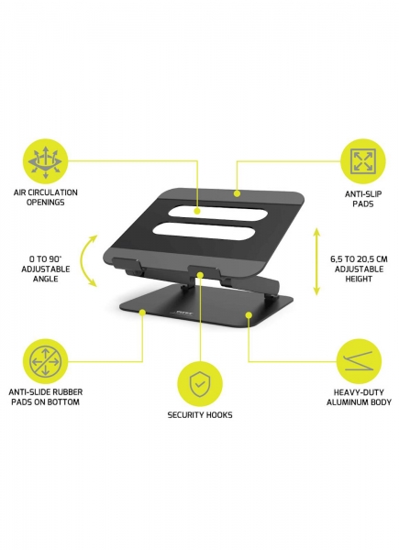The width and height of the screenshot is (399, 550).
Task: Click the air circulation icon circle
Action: click(x=45, y=161)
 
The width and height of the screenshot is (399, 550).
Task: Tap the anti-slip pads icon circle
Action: click(x=363, y=161)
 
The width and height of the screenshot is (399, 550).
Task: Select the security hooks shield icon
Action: click(x=199, y=384)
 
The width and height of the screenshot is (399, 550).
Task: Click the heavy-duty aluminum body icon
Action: click(x=359, y=361)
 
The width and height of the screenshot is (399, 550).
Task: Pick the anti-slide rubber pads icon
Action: click(x=45, y=361)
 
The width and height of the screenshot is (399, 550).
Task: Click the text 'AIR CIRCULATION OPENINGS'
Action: click(x=46, y=197)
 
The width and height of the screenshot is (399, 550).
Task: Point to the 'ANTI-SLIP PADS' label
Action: click(x=363, y=199)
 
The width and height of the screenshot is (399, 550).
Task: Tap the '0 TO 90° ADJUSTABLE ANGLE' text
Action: click(x=46, y=269)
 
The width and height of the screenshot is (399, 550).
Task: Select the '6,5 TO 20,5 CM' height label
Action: click(x=359, y=259)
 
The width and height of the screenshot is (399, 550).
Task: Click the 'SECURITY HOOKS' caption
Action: click(x=200, y=415)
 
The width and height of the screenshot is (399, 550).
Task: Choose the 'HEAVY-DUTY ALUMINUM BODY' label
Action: click(x=359, y=398)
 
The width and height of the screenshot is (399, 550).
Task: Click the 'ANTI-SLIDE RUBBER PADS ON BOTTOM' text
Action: click(x=46, y=397)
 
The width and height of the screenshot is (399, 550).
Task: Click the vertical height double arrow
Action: click(x=316, y=261)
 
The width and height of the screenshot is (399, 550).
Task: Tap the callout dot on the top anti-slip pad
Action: click(x=237, y=193)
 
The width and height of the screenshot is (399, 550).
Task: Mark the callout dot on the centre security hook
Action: click(x=200, y=275)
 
